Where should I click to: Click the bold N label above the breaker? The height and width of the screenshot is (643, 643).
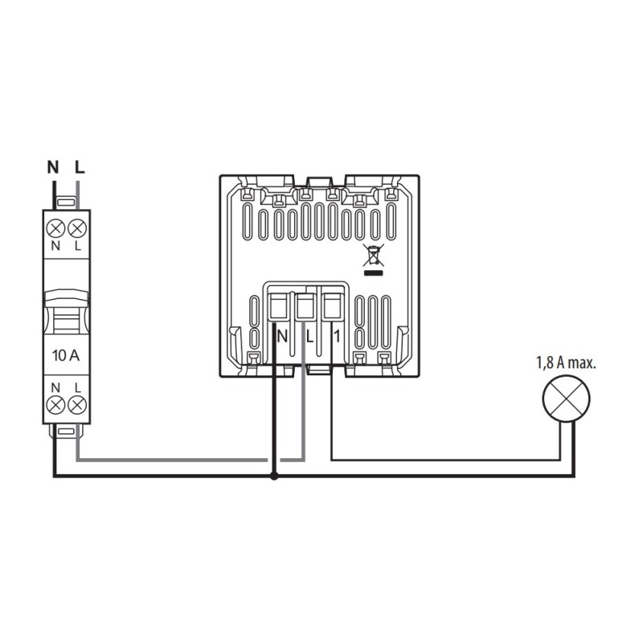(54, 168)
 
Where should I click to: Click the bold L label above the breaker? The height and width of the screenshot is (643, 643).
(79, 168)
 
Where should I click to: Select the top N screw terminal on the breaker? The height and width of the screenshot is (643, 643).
(56, 226)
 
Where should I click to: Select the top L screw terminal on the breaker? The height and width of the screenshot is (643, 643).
(78, 226)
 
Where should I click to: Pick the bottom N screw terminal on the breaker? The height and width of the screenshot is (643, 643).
(56, 406)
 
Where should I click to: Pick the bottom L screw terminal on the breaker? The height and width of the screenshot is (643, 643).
(78, 406)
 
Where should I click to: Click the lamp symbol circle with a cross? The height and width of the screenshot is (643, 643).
(567, 398)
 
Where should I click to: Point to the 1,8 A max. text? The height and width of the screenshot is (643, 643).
(565, 362)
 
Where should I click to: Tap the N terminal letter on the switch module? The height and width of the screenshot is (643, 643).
(281, 334)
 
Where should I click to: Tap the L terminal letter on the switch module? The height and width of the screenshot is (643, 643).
(308, 334)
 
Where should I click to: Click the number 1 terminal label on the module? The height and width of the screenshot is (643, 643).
(337, 334)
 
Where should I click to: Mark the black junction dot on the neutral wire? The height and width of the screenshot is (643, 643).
(275, 477)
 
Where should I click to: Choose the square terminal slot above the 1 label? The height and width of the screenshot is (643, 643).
(330, 305)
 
